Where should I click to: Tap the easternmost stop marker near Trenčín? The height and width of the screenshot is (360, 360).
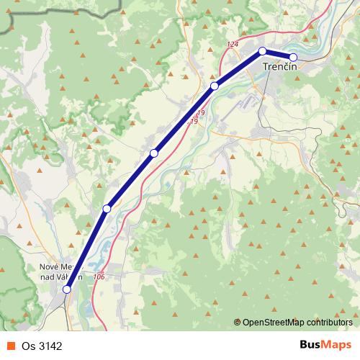(x=293, y=57)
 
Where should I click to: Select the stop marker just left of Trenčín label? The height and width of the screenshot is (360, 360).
(x=263, y=51)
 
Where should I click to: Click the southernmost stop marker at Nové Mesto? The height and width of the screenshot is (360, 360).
(x=67, y=289)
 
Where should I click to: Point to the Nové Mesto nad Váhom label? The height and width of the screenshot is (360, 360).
(x=61, y=271)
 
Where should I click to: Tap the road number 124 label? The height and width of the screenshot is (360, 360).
(x=231, y=45)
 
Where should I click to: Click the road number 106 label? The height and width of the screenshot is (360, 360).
(x=99, y=277)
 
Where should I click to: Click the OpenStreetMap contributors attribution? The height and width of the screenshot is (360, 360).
(x=297, y=323)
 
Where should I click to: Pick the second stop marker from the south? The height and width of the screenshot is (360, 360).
(x=107, y=209)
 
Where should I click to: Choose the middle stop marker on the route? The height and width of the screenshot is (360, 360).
(x=154, y=153)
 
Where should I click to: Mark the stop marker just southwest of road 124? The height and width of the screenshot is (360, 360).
(x=214, y=86)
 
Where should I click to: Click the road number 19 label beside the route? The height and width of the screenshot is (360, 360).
(x=199, y=114)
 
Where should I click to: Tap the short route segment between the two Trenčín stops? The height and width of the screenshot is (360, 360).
(x=278, y=54)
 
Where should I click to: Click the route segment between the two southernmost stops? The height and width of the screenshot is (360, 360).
(x=86, y=249)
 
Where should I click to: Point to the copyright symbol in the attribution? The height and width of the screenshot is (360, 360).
(x=238, y=323)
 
